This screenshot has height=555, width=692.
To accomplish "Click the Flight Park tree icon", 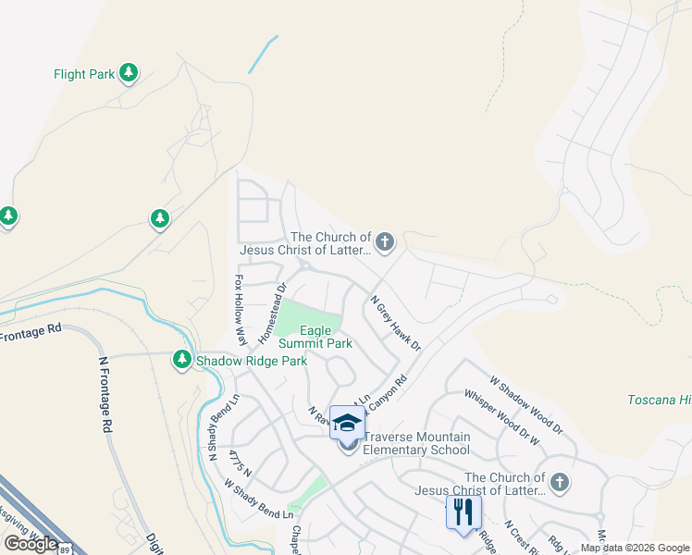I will pyautogui.click(x=129, y=73).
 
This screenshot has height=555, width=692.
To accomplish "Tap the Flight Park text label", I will pyautogui.click(x=83, y=74).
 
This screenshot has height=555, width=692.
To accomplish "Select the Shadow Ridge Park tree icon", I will pyautogui.click(x=181, y=360).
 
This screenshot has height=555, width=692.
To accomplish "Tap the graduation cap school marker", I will pyautogui.click(x=347, y=422).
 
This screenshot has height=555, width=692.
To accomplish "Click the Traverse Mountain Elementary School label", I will pyautogui.click(x=416, y=444).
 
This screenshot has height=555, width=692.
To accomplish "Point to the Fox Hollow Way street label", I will pyautogui.click(x=239, y=306).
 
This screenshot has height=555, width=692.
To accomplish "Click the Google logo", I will pyautogui.click(x=31, y=543).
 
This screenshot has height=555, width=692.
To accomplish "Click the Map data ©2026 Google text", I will pyautogui.click(x=635, y=548).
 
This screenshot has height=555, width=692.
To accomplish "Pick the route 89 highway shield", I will pyautogui.click(x=64, y=549).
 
